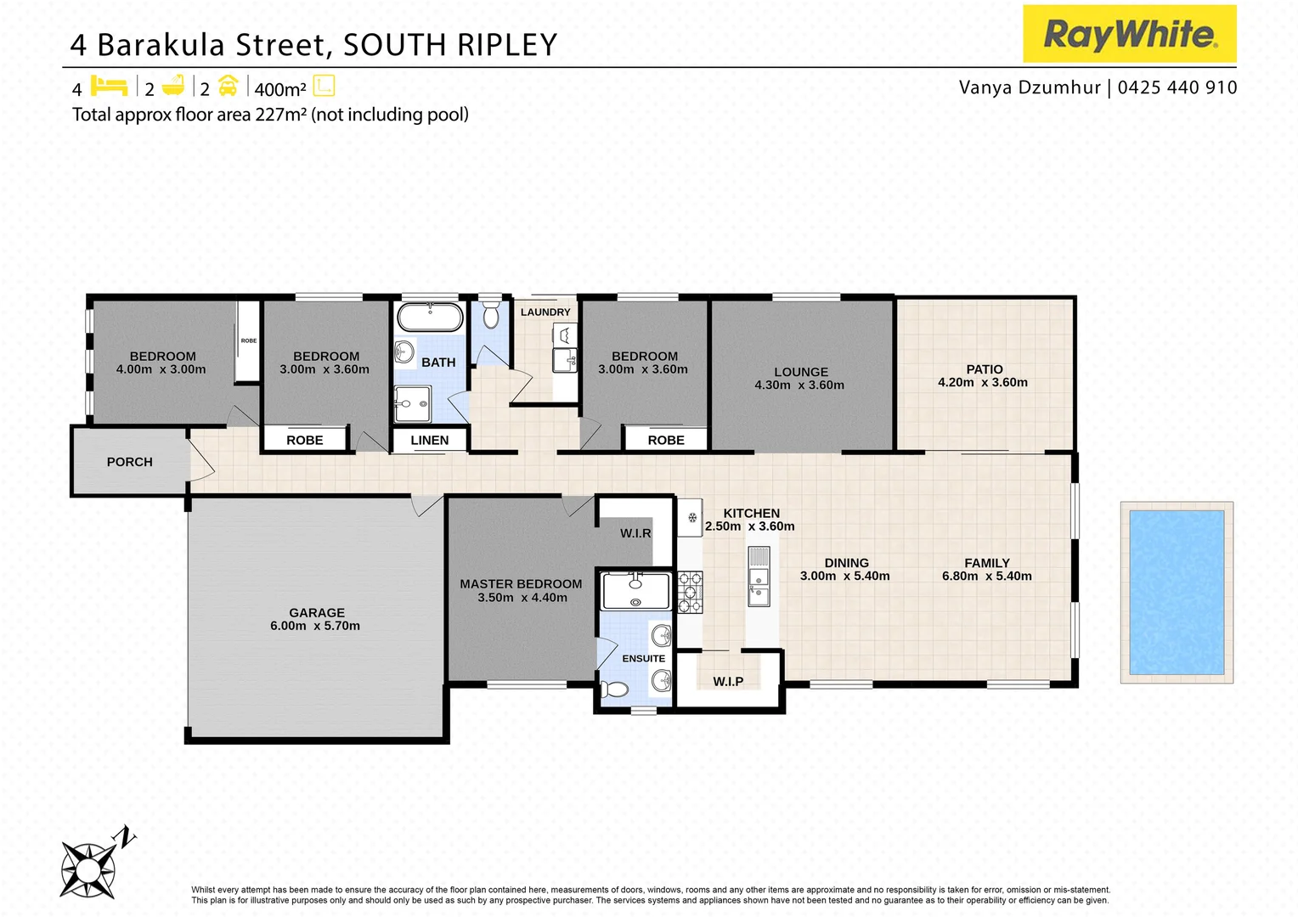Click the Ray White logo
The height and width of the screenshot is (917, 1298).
click(1129, 34)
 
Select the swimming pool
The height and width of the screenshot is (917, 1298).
click(1176, 592)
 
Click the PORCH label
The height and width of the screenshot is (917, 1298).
click(130, 462)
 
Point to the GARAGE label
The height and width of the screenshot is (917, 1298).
click(317, 612)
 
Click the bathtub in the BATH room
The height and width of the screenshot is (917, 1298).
click(431, 318)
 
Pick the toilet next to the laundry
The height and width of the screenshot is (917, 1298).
click(490, 315)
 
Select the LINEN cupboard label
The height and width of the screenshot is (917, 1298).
click(430, 440)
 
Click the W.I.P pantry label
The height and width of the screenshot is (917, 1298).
click(728, 681)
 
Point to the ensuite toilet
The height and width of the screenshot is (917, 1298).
click(614, 689)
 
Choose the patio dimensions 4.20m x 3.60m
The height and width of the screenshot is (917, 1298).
click(983, 382)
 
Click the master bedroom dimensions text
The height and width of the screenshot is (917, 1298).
click(522, 598)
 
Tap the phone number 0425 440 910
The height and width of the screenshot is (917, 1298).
click(1177, 87)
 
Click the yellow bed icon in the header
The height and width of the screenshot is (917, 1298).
click(109, 86)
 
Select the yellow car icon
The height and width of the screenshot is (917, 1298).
click(228, 86)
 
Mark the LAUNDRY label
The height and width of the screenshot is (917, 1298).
click(545, 312)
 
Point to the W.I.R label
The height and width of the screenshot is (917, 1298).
click(635, 533)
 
